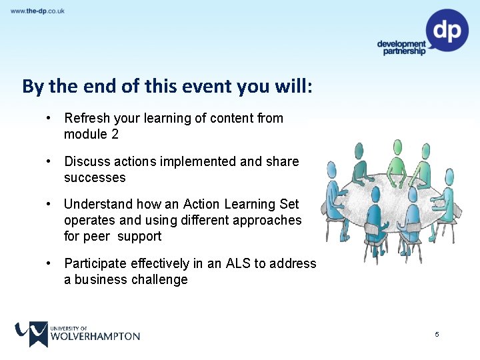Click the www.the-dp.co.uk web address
(x=37, y=11)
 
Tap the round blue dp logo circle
(x=447, y=30)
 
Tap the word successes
(x=95, y=178)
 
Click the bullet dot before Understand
(x=49, y=204)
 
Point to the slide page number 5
(x=437, y=334)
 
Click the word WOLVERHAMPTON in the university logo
(x=95, y=337)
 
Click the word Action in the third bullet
(x=200, y=204)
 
